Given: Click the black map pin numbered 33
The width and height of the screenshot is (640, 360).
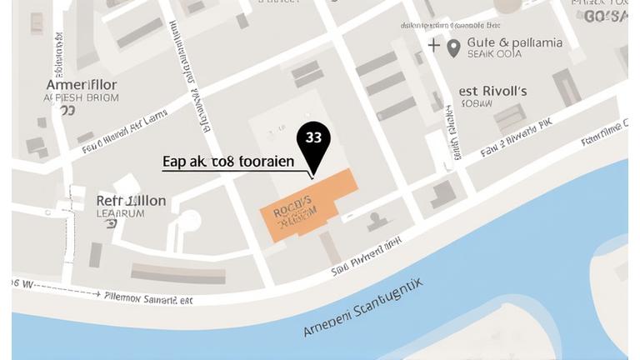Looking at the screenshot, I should tap(313, 143).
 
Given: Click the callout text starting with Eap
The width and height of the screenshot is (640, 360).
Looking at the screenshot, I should tap(227, 162).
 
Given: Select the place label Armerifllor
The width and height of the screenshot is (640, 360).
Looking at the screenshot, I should tap(81, 84).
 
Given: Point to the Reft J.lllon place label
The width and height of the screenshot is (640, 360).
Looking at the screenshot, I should tap(131, 201).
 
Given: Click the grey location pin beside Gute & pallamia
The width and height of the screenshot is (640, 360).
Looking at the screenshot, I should tap(453, 47).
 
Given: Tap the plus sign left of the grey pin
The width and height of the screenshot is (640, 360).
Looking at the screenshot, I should tap(434, 44).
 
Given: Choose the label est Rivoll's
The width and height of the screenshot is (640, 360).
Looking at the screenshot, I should tap(493, 91).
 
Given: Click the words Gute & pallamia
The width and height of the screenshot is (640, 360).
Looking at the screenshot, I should tap(514, 42).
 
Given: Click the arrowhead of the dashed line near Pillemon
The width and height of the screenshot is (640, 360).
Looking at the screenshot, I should tap(99, 294).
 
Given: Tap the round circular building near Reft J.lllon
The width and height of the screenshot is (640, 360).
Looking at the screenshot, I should tap(190, 221).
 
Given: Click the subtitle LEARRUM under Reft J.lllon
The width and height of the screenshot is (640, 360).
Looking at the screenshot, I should tap(121, 213).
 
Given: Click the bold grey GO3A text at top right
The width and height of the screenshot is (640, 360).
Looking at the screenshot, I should tap(606, 16).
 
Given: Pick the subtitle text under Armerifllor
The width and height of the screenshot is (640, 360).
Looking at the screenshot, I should tap(81, 97).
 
